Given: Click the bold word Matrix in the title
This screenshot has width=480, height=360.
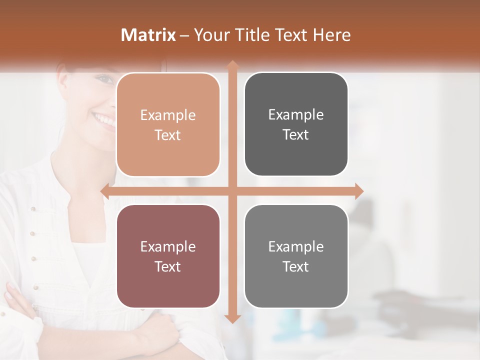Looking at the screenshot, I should [148, 35].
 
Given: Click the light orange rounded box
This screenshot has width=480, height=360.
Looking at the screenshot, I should [168, 125].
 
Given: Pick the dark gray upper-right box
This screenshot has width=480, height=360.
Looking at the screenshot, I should [296, 124].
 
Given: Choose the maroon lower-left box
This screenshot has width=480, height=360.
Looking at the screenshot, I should [168, 256].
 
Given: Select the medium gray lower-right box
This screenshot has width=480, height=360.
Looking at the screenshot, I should [296, 256].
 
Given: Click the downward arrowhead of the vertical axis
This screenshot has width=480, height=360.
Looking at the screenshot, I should [232, 318].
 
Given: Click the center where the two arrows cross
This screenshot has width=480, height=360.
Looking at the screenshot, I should [232, 191].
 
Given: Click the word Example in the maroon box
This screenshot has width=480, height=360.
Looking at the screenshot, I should [168, 247].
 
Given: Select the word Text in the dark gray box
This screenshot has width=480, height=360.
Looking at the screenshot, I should [296, 135].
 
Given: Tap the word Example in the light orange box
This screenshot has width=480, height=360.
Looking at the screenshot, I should [168, 115].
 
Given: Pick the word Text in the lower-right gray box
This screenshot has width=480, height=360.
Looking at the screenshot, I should [296, 267].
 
